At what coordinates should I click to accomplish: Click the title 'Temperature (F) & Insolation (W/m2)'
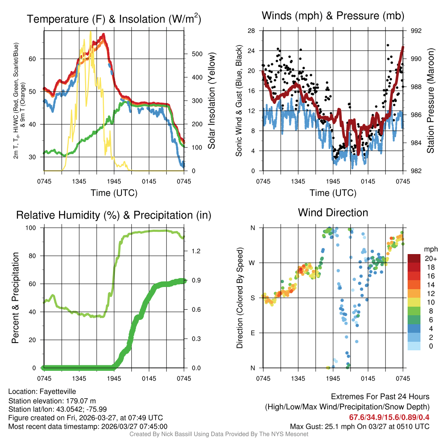[114, 19]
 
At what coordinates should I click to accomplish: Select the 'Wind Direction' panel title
[333, 213]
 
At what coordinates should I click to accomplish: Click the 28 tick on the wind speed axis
[252, 31]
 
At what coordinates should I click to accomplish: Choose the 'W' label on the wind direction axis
[252, 263]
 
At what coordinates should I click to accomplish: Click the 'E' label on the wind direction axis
[252, 333]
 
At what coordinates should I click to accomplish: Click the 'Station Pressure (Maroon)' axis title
[431, 101]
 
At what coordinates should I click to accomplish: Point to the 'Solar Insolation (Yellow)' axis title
[212, 101]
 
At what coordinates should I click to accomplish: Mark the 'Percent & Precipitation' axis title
[15, 298]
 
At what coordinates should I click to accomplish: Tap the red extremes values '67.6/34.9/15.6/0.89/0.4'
[389, 417]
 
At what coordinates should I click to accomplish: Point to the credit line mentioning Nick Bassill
[219, 434]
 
